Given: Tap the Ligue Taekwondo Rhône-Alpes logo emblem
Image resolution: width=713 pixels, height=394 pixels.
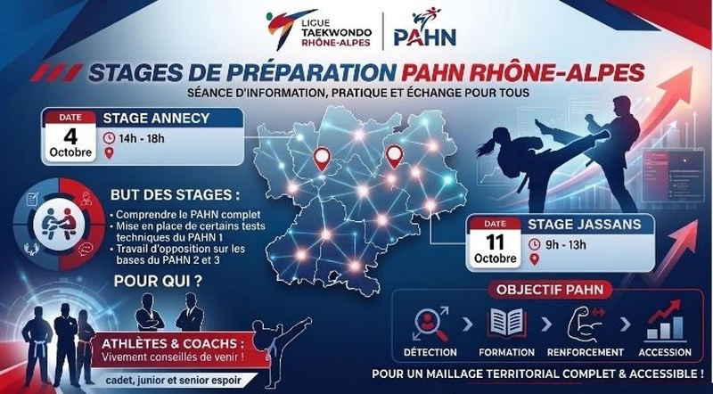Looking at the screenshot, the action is (x=286, y=29).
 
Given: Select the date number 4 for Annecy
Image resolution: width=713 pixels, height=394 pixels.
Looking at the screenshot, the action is (x=70, y=136).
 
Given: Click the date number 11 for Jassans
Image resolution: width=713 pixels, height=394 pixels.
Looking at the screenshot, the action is (x=495, y=242).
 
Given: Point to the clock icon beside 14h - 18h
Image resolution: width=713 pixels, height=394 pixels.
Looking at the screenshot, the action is (x=109, y=138).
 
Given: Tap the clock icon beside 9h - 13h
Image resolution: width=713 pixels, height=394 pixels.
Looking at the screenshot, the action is (x=535, y=244).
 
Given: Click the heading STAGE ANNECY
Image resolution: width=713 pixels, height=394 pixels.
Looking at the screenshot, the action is (x=156, y=119).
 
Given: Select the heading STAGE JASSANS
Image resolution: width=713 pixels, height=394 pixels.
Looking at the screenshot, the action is (x=585, y=225).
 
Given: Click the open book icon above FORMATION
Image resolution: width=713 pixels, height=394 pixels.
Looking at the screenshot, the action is (x=506, y=323).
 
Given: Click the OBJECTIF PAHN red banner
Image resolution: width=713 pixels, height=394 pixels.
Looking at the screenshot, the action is (x=550, y=290).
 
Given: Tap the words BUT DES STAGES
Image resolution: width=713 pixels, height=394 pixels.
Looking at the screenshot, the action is (x=175, y=195).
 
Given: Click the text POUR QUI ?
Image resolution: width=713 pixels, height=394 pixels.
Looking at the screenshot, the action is (x=159, y=281).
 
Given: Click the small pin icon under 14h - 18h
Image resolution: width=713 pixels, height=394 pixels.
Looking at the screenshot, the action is (x=109, y=153).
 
